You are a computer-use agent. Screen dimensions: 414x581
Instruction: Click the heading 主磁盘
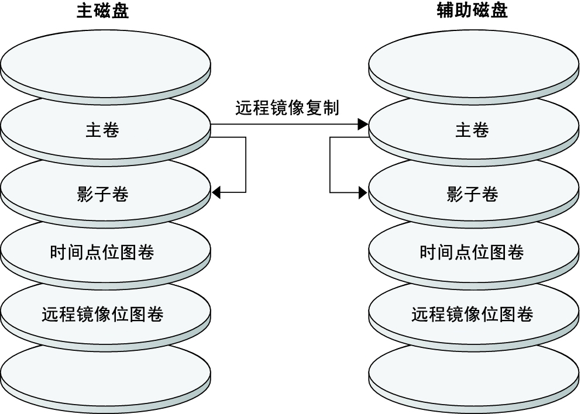pyautogui.click(x=102, y=12)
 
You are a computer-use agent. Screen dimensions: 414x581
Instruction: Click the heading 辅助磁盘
pyautogui.click(x=472, y=12)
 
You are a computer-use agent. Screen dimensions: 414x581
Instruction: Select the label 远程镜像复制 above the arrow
pyautogui.click(x=287, y=108)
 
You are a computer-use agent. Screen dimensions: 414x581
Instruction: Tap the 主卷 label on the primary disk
pyautogui.click(x=102, y=130)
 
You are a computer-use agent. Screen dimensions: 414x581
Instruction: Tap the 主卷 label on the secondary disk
pyautogui.click(x=472, y=130)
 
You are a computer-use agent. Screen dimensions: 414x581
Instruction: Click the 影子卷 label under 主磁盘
pyautogui.click(x=102, y=194)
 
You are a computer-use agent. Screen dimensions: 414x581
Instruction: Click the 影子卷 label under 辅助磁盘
pyautogui.click(x=472, y=194)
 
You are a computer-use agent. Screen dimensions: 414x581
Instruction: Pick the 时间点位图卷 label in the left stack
pyautogui.click(x=102, y=252)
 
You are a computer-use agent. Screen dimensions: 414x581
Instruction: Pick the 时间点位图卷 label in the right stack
pyautogui.click(x=472, y=252)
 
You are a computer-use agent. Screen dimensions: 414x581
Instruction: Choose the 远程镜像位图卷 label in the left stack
pyautogui.click(x=102, y=314)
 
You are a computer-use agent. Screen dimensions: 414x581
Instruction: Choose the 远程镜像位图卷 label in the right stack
pyautogui.click(x=472, y=314)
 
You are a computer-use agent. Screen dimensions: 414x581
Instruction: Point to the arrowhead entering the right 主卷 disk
pyautogui.click(x=363, y=124)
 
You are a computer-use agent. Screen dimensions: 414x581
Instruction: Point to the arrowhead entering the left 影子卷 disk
pyautogui.click(x=216, y=192)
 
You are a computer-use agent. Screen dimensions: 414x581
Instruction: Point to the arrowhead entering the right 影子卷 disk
pyautogui.click(x=363, y=192)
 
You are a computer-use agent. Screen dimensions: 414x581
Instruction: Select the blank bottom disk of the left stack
pyautogui.click(x=105, y=374)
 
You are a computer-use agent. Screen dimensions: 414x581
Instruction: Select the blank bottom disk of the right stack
pyautogui.click(x=474, y=374)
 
